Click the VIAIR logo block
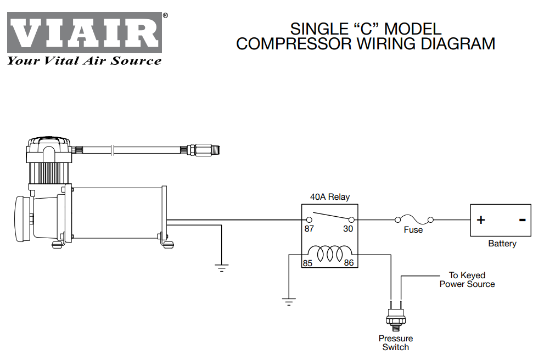point(85,32)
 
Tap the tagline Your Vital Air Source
point(85,61)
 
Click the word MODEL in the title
point(413,29)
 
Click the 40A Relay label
point(329,197)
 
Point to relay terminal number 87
point(309,229)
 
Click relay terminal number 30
point(348,229)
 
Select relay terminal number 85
point(307,263)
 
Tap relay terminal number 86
point(349,263)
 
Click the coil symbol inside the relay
point(329,253)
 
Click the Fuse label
point(413,230)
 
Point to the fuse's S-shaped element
point(414,220)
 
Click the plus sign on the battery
point(481,220)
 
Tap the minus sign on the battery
point(522,220)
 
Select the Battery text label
point(502,244)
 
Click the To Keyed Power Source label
point(467,279)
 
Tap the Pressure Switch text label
point(395,342)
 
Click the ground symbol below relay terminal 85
point(289,301)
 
